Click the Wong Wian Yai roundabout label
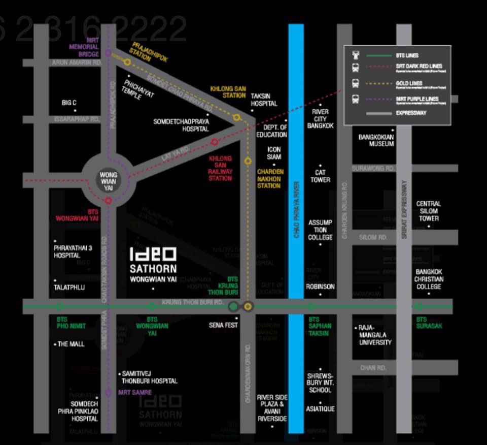pyautogui.click(x=108, y=181)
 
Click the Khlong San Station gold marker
pyautogui.click(x=236, y=117)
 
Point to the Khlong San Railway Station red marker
pyautogui.click(x=215, y=142)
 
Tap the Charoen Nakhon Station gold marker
pyautogui.click(x=248, y=161)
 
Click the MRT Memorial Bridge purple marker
pyautogui.click(x=108, y=53)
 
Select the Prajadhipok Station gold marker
pyautogui.click(x=127, y=62)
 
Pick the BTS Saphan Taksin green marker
pyautogui.click(x=311, y=306)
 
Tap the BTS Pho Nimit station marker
pyautogui.click(x=60, y=306)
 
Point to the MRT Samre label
pyautogui.click(x=134, y=392)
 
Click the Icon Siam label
pyautogui.click(x=274, y=153)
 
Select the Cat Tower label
pyautogui.click(x=320, y=176)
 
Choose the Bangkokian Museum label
pyautogui.click(x=376, y=140)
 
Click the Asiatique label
pyautogui.click(x=320, y=409)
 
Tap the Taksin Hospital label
pyautogui.click(x=264, y=100)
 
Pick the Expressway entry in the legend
pyautogui.click(x=411, y=113)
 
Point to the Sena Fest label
pyautogui.click(x=223, y=325)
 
